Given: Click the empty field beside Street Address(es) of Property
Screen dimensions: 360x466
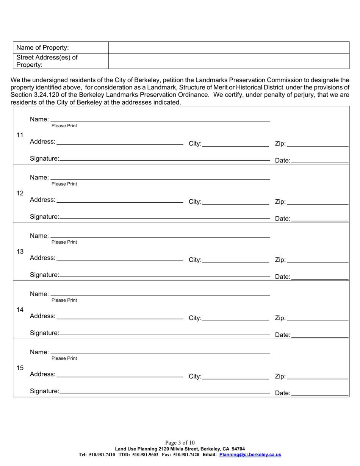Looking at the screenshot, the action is click(x=229, y=61).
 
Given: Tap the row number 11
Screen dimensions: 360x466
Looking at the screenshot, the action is click(x=20, y=135).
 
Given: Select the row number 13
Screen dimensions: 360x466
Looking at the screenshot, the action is click(x=20, y=252).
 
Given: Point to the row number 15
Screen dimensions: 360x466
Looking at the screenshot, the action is click(x=20, y=368).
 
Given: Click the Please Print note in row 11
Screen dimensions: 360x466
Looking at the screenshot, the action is click(x=64, y=126).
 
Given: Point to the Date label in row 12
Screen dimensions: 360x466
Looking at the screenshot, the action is click(x=283, y=219).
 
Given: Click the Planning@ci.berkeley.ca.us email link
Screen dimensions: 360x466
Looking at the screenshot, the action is click(x=250, y=455).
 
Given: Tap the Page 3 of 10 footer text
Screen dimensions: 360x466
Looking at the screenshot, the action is click(x=180, y=443).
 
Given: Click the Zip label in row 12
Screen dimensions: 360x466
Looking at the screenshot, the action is click(x=280, y=202).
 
